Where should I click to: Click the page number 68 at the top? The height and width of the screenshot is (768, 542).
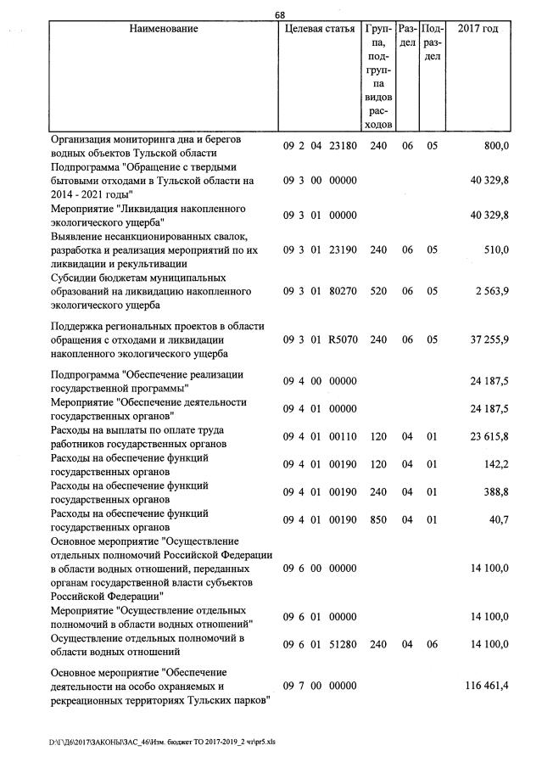(279, 14)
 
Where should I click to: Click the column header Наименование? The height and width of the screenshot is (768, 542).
(164, 30)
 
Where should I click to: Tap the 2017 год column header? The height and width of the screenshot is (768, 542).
(478, 30)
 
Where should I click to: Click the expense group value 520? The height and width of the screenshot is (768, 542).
(378, 292)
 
